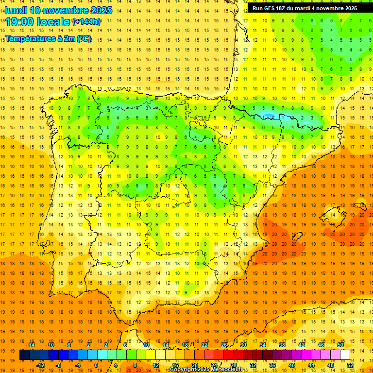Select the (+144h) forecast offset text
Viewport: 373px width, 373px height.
click(86, 22)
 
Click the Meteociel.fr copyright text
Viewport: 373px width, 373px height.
click(206, 370)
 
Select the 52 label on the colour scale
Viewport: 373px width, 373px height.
click(350, 365)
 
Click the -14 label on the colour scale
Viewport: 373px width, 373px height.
click(31, 345)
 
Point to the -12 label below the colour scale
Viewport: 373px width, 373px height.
click(40, 365)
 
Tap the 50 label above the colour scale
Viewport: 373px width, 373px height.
click(340, 345)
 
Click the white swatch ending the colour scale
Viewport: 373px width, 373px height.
click(345, 355)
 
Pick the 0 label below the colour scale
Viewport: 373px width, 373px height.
click(96, 365)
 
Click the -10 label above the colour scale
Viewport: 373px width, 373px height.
click(50, 345)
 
